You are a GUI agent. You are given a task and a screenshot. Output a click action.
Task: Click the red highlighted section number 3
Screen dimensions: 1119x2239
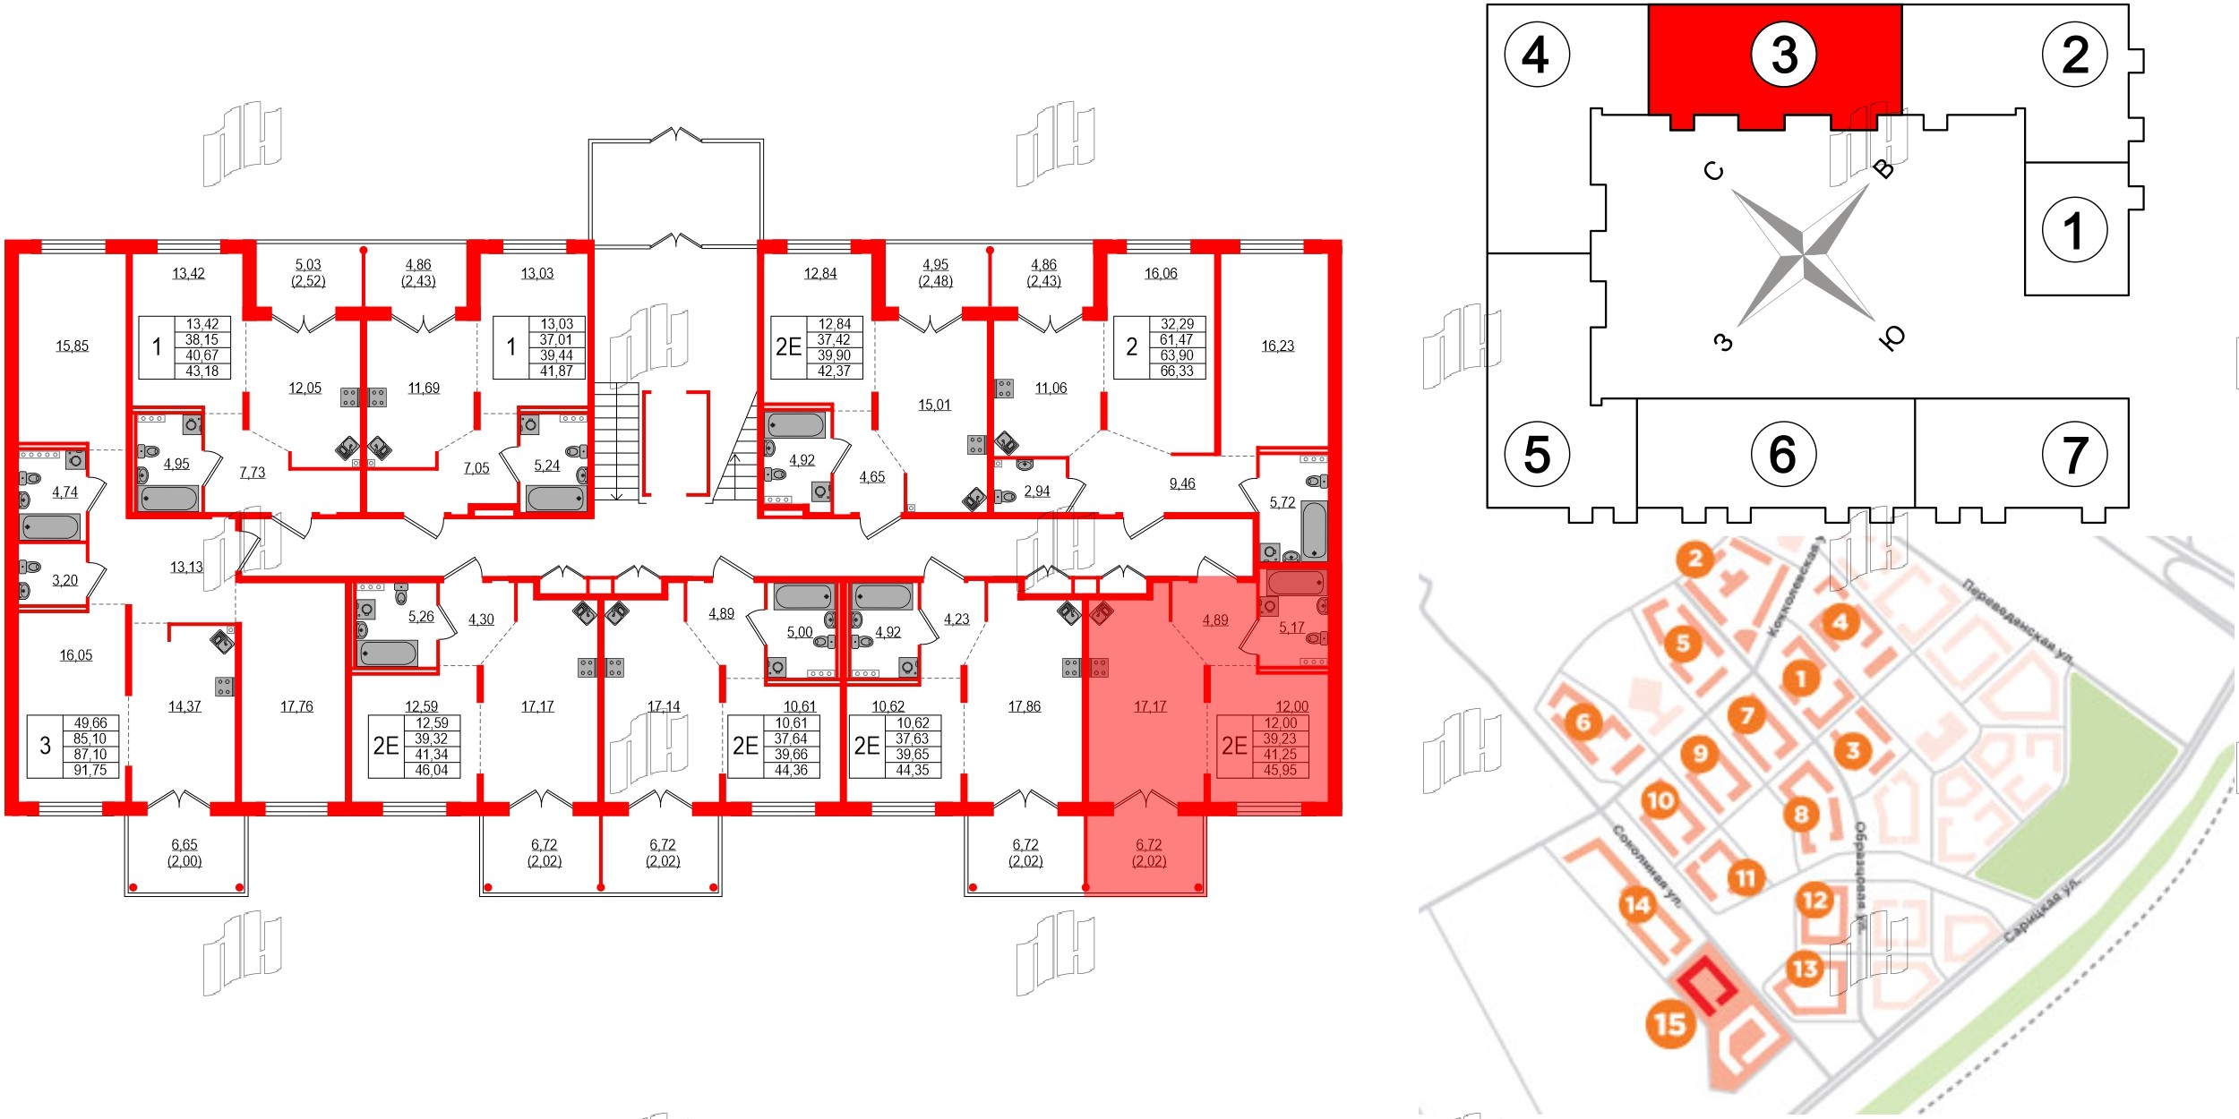point(1783,55)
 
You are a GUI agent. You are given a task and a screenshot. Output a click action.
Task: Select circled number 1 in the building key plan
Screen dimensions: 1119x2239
point(2074,229)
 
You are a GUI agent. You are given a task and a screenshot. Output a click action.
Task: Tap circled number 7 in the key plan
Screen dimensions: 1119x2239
point(2074,455)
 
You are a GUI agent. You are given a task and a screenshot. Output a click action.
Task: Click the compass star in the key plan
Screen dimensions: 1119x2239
point(1802,256)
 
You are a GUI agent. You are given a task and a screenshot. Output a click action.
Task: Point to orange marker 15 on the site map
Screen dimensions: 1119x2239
point(1669,1023)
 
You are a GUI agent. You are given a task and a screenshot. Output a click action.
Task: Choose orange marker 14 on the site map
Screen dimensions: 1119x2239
point(1637,905)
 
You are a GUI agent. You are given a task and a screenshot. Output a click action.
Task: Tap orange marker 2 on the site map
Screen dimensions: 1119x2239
point(1694,560)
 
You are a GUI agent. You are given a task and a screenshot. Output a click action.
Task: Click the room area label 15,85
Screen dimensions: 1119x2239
point(72,346)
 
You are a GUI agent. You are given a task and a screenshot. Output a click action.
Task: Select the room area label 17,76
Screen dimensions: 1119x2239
point(296,706)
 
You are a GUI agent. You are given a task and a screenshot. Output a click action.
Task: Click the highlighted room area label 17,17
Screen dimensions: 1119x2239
point(1150,706)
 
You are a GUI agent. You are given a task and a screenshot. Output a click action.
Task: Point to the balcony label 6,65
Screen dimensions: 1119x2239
point(184,844)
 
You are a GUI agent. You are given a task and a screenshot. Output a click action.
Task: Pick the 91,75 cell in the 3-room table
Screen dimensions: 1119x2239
point(90,770)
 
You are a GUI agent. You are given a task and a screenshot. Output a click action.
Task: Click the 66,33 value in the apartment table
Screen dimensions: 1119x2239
point(1177,371)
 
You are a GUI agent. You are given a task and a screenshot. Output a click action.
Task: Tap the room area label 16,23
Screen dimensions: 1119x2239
point(1277,346)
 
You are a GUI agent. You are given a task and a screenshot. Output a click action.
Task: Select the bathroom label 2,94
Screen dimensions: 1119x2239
point(1036,491)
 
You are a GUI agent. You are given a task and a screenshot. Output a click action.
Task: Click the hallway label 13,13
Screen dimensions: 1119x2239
point(186,567)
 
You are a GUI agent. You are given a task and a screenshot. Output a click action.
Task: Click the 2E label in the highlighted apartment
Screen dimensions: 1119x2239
point(1234,746)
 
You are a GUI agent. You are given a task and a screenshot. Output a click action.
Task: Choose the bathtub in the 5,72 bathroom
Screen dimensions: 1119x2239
point(1314,530)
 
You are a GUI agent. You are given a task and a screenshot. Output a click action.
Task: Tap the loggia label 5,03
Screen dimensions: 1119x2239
point(307,265)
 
